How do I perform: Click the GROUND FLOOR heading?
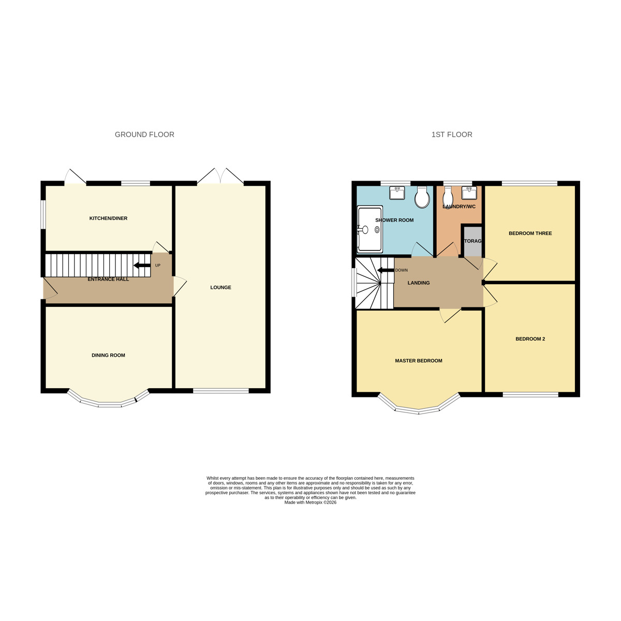144,135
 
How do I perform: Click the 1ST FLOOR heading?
452,135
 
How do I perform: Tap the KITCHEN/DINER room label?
108,218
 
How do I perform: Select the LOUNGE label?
220,287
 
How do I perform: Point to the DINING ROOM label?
108,356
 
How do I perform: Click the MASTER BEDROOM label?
418,361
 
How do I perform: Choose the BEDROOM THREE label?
530,233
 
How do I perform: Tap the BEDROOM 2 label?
530,339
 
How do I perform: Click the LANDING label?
419,283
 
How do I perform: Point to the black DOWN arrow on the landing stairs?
385,270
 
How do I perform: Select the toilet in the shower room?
422,197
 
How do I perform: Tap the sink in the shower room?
397,193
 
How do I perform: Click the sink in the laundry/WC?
469,193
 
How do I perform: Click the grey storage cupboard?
472,241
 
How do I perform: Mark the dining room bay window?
109,400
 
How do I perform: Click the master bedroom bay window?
419,406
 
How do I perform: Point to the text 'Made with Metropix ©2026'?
310,502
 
